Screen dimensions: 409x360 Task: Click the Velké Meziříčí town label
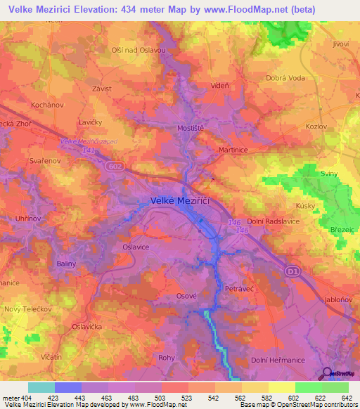pyautogui.click(x=181, y=201)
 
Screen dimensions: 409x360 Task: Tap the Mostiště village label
pyautogui.click(x=190, y=129)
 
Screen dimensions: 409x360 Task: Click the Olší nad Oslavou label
pyautogui.click(x=139, y=50)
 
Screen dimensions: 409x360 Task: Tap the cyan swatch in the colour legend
pyautogui.click(x=41, y=387)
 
